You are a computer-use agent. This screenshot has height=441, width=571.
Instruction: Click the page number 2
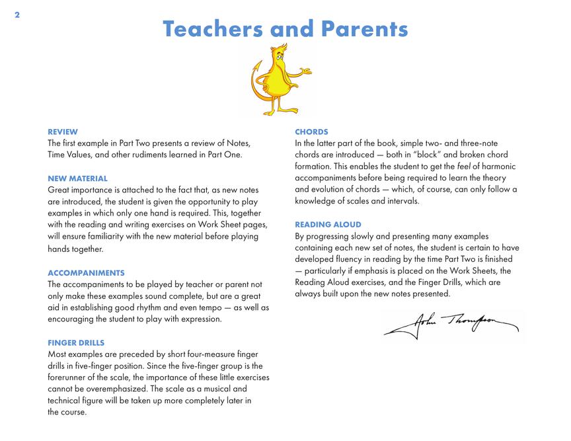click(x=17, y=15)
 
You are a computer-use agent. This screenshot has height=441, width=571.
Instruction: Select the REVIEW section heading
click(x=63, y=132)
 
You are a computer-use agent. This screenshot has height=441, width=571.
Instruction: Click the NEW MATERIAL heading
click(x=77, y=179)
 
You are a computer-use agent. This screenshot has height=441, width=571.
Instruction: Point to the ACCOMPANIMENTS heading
click(x=86, y=272)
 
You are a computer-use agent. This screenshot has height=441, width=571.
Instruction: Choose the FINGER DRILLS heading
click(x=76, y=342)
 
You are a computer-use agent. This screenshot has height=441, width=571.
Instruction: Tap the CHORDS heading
click(x=311, y=132)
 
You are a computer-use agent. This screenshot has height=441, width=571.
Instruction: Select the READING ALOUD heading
click(x=328, y=225)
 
